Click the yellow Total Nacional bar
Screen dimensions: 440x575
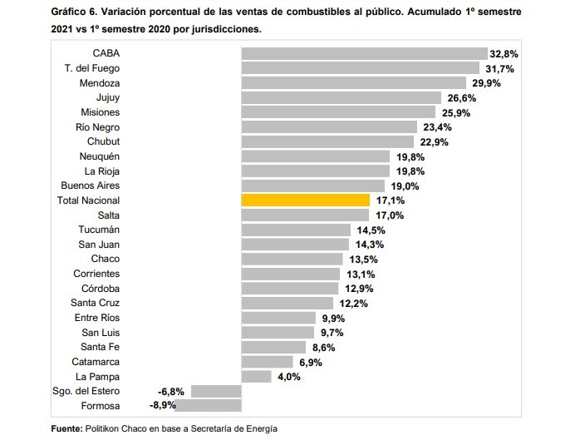pyautogui.click(x=305, y=200)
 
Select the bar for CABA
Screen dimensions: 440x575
pyautogui.click(x=364, y=54)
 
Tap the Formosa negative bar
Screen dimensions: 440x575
pyautogui.click(x=208, y=406)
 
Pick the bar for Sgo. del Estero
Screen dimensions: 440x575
pyautogui.click(x=216, y=391)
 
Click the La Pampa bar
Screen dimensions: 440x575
pyautogui.click(x=256, y=377)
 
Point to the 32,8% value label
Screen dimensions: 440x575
pyautogui.click(x=505, y=54)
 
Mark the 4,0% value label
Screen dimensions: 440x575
pyautogui.click(x=287, y=377)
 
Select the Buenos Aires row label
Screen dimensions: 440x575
pyautogui.click(x=91, y=185)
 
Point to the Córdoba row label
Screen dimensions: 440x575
pyautogui.click(x=100, y=289)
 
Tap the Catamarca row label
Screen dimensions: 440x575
pyautogui.click(x=95, y=362)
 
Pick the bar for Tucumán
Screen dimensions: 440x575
pyautogui.click(x=296, y=230)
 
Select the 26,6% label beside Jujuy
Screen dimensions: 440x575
pyautogui.click(x=468, y=98)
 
